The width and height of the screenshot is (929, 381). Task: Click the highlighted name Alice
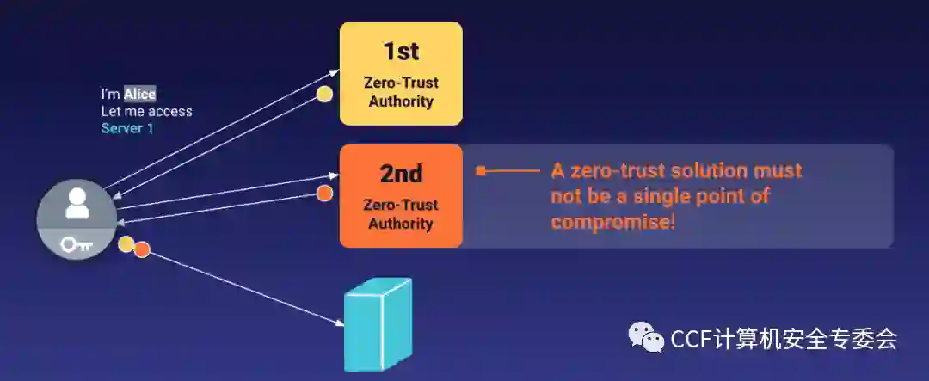(x=139, y=95)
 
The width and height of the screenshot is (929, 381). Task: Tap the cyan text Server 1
(x=127, y=128)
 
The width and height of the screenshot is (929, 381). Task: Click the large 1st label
(x=401, y=51)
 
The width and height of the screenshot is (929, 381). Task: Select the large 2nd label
(x=401, y=174)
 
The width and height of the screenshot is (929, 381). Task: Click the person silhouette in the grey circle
(x=77, y=203)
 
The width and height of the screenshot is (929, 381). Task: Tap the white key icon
(x=76, y=245)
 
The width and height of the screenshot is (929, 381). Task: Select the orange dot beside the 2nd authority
(x=324, y=194)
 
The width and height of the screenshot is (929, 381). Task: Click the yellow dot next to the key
(x=126, y=244)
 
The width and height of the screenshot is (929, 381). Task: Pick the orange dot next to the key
(x=142, y=250)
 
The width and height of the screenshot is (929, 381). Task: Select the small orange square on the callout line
(x=481, y=171)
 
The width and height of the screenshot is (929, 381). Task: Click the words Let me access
(x=147, y=111)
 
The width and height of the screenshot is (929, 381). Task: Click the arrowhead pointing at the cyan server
(x=339, y=323)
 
